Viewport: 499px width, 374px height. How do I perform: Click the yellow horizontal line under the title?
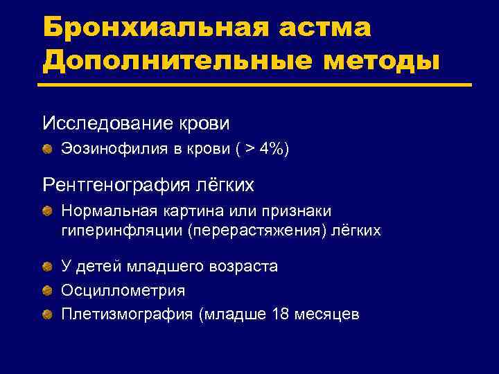[x=256, y=85]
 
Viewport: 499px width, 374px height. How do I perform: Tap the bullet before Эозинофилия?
[x=47, y=149]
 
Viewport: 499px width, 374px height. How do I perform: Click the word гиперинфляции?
[x=122, y=230]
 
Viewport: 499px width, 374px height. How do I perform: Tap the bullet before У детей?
[x=47, y=267]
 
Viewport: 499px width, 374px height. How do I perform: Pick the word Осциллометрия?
[x=123, y=290]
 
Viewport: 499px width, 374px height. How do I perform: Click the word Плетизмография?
[x=128, y=314]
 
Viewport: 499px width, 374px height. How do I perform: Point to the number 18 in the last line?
[x=281, y=314]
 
